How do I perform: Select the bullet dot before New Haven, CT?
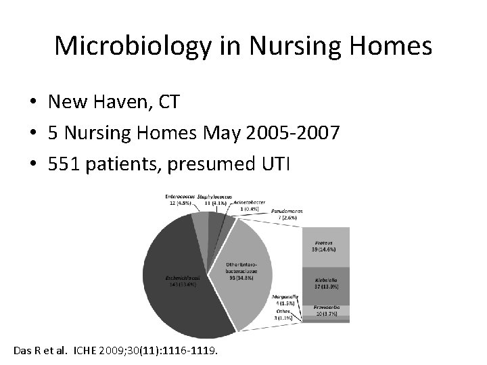(32, 103)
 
